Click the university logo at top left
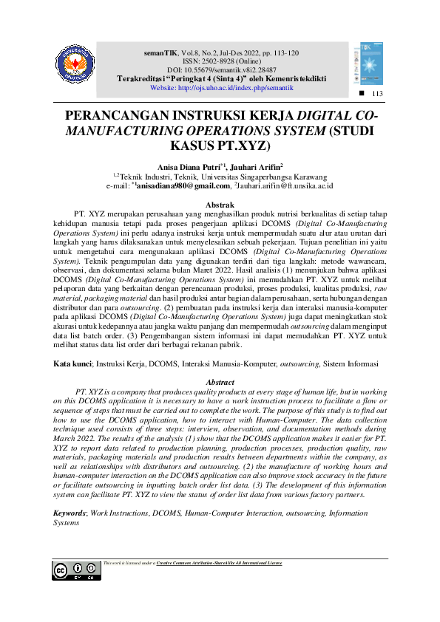coord(75,64)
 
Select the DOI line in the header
coord(220,70)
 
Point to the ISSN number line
coord(220,62)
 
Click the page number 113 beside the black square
coord(378,93)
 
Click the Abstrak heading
coord(220,204)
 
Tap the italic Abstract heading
coord(220,382)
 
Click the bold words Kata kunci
coord(73,364)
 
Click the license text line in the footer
coord(193,563)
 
